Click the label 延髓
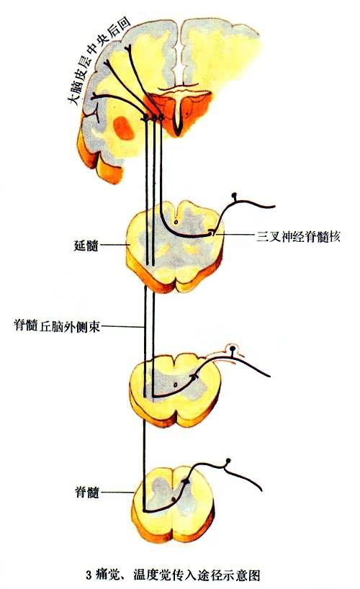pos(86,246)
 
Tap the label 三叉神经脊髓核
pos(298,237)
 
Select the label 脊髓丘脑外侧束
pos(57,325)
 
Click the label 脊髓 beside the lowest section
pos(87,492)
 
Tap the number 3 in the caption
pos(89,575)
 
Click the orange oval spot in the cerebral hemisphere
pos(124,127)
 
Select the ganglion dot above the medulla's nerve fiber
pos(235,195)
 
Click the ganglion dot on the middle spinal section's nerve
pos(233,349)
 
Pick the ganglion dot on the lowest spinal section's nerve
pos(228,461)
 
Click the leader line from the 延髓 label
pos(114,246)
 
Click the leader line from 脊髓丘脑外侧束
pos(122,326)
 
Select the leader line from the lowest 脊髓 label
pos(117,492)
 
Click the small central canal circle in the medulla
pos(176,221)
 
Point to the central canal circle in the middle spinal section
pos(175,385)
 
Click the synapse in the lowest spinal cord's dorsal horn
pos(186,480)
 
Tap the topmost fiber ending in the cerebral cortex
pos(128,48)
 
